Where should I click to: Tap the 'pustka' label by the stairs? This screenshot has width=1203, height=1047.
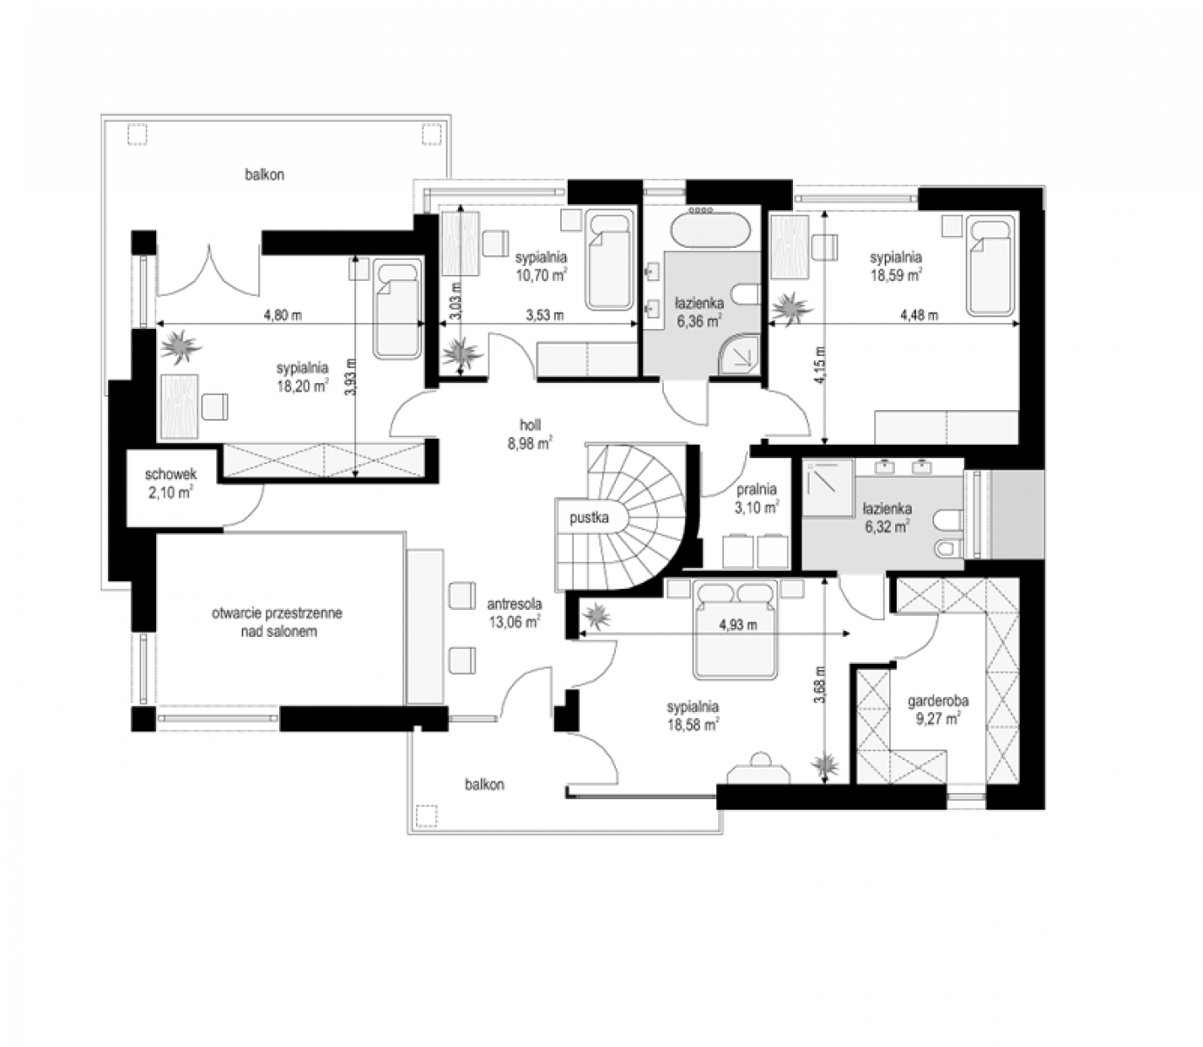pyautogui.click(x=589, y=518)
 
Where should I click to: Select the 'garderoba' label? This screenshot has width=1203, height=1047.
pyautogui.click(x=938, y=701)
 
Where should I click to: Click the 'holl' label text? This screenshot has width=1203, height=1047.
pyautogui.click(x=530, y=425)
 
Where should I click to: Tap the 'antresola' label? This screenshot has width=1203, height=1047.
pyautogui.click(x=515, y=604)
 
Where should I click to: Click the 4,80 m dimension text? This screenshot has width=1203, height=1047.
pyautogui.click(x=283, y=315)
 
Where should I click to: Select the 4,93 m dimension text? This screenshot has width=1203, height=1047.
pyautogui.click(x=738, y=625)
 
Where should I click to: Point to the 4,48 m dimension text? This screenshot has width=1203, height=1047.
pyautogui.click(x=919, y=315)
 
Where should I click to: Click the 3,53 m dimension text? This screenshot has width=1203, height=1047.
pyautogui.click(x=544, y=315)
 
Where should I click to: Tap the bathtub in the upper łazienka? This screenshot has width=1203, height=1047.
pyautogui.click(x=711, y=231)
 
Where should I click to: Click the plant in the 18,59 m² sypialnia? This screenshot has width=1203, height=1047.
pyautogui.click(x=791, y=309)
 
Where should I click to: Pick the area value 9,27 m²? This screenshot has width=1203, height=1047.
pyautogui.click(x=939, y=718)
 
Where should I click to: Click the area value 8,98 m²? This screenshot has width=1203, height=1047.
pyautogui.click(x=530, y=443)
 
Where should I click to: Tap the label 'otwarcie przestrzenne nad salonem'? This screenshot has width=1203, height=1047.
pyautogui.click(x=277, y=623)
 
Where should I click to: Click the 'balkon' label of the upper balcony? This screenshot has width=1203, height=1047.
pyautogui.click(x=264, y=174)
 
